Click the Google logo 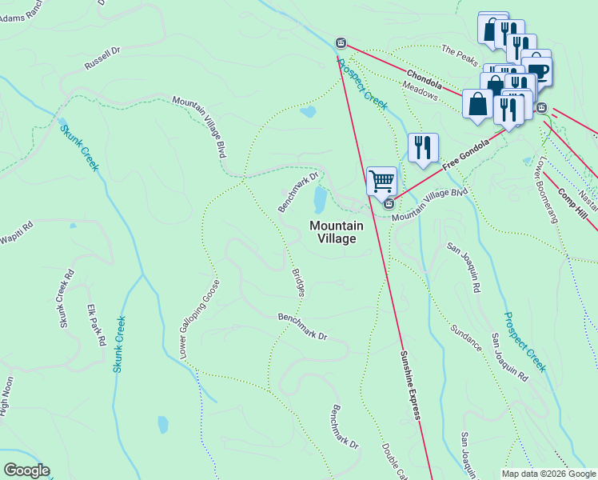point(26,470)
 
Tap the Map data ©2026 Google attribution point(548,474)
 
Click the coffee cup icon point(538,72)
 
